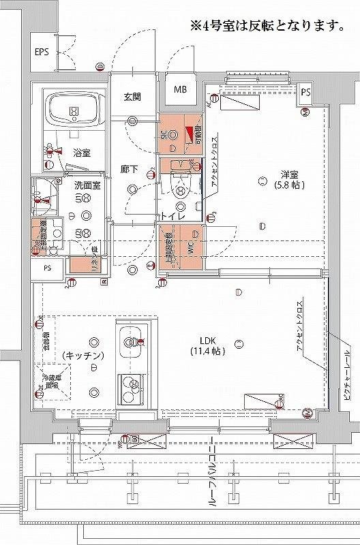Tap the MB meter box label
pyautogui.click(x=180, y=89)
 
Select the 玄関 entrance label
pyautogui.click(x=132, y=97)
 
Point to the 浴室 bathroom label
pyautogui.click(x=82, y=153)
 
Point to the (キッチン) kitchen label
pyautogui.click(x=82, y=356)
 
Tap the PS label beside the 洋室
pyautogui.click(x=305, y=92)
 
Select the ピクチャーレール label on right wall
pyautogui.click(x=346, y=373)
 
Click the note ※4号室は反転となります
pyautogui.click(x=266, y=27)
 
